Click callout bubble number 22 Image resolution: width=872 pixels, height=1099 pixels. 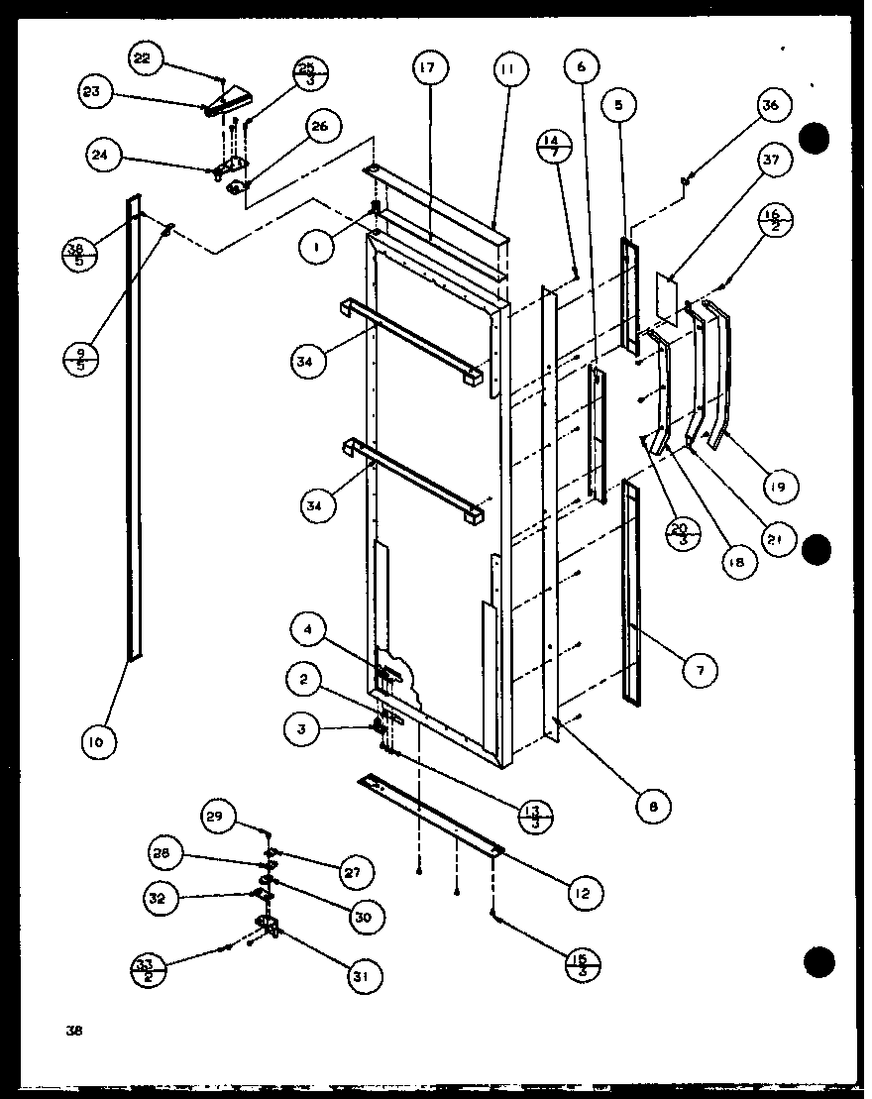tap(143, 59)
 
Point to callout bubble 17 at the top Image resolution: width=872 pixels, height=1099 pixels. tap(429, 69)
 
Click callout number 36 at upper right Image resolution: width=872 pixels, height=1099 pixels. tap(771, 106)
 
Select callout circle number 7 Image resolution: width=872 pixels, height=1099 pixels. tap(701, 671)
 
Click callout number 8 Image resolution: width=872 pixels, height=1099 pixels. tap(652, 807)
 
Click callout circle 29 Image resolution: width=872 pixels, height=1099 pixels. tap(216, 817)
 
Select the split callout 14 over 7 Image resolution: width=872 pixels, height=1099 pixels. tap(552, 147)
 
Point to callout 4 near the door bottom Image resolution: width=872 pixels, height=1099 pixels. tap(310, 628)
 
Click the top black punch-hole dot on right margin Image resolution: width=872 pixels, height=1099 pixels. tap(815, 139)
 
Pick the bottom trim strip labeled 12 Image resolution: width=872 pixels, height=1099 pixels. tap(431, 813)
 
